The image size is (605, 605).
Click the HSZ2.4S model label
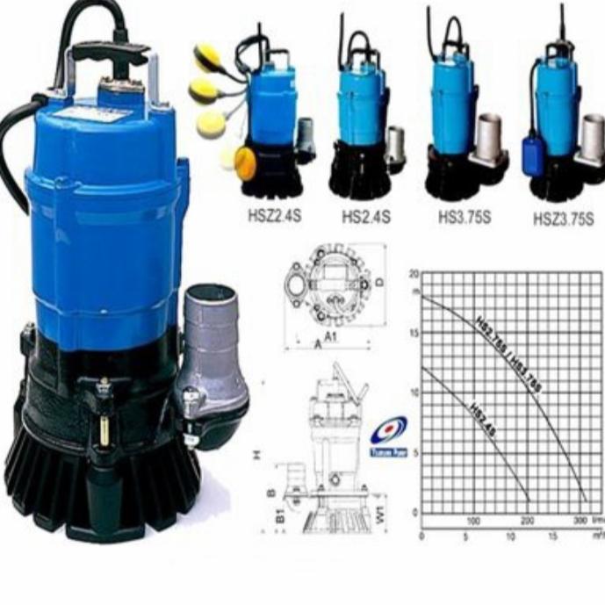click(273, 216)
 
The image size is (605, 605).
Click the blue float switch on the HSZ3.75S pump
click(536, 158)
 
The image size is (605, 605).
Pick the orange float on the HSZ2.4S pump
click(245, 162)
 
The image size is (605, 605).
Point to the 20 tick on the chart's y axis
click(414, 275)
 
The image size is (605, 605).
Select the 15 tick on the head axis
click(414, 332)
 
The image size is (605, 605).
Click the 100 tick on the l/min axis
click(474, 521)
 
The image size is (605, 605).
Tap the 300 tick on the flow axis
click(580, 521)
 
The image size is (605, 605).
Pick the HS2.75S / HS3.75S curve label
click(509, 351)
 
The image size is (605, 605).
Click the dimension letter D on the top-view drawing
click(380, 283)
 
